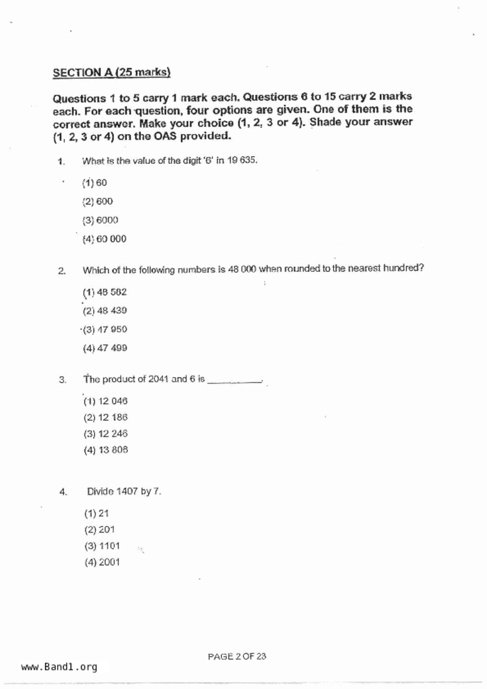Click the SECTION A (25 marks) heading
[x=112, y=73]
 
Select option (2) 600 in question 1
[x=97, y=202]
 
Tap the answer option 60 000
[x=104, y=239]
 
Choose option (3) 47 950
[x=105, y=329]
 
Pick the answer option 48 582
[x=105, y=292]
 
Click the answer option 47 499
[x=105, y=348]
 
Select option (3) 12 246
[x=105, y=434]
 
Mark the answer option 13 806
[x=105, y=450]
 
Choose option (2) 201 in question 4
[x=99, y=530]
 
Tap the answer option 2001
[x=102, y=562]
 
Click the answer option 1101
[x=102, y=546]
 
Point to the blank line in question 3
[x=234, y=381]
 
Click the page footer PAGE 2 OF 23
[x=237, y=656]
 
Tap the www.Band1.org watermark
[x=59, y=667]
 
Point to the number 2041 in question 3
[x=158, y=379]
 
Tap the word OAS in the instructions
[x=165, y=136]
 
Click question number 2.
[x=62, y=271]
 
